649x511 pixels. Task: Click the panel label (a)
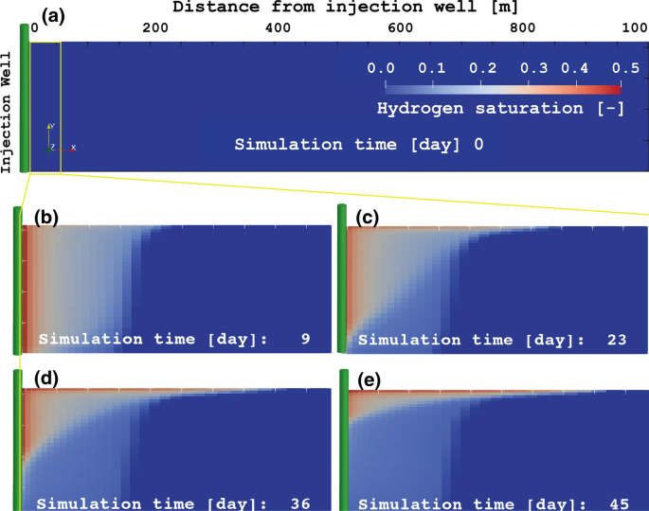(50, 15)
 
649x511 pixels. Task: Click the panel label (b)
(46, 218)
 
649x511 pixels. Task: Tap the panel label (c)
(367, 218)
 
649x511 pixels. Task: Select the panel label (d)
(46, 379)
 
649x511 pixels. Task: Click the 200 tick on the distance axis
(155, 28)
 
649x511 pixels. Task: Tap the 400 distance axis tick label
(279, 28)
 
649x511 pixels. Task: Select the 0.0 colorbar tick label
(381, 68)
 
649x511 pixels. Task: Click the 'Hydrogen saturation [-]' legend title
(499, 108)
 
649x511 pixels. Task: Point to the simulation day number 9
(304, 338)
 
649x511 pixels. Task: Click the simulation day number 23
(622, 338)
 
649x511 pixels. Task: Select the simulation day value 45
(622, 502)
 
